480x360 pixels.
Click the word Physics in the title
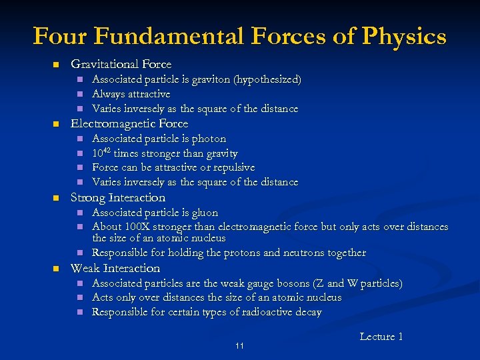click(405, 36)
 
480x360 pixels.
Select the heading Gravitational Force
click(121, 65)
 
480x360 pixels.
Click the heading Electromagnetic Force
click(129, 124)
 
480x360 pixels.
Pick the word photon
click(209, 139)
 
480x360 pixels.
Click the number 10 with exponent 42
click(101, 153)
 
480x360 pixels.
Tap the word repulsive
click(232, 167)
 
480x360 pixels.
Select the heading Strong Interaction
click(118, 198)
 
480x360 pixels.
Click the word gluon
click(205, 213)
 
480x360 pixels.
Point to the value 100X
click(136, 227)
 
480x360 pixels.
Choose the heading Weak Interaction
click(115, 269)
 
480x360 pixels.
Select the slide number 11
click(239, 345)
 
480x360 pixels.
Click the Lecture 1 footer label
click(381, 337)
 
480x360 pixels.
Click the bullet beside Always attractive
click(79, 95)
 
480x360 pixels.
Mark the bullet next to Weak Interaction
click(57, 269)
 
